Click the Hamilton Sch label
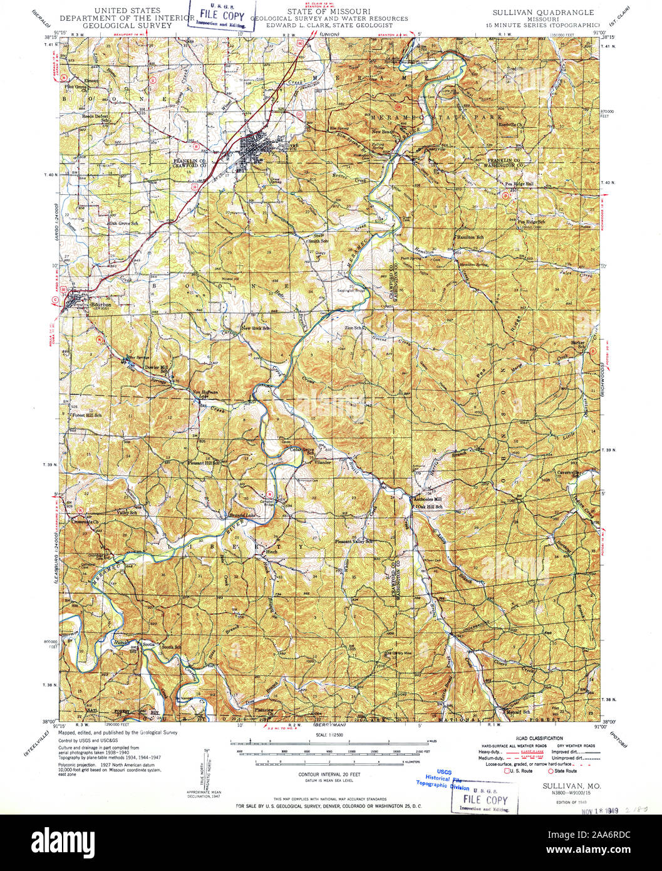(x=470, y=237)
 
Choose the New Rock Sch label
(x=256, y=328)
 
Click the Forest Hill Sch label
(x=86, y=415)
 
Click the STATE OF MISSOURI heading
(x=329, y=12)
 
